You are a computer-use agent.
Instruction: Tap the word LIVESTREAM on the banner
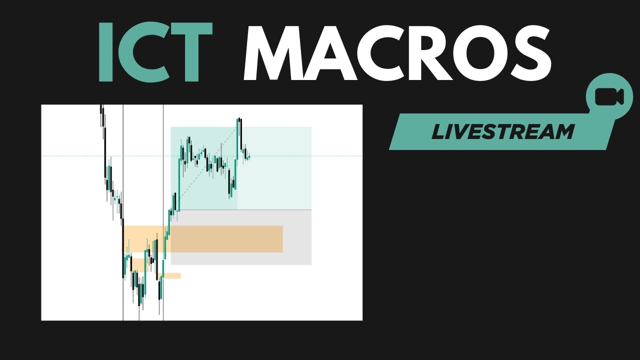(502, 132)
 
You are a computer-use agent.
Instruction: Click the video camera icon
(609, 97)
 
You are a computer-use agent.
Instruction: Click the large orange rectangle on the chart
(225, 239)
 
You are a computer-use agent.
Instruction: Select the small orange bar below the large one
(173, 275)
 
